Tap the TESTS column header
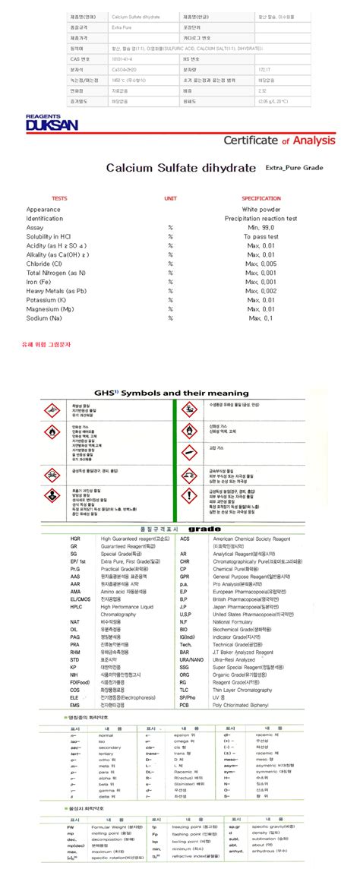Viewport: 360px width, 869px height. coord(59,198)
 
